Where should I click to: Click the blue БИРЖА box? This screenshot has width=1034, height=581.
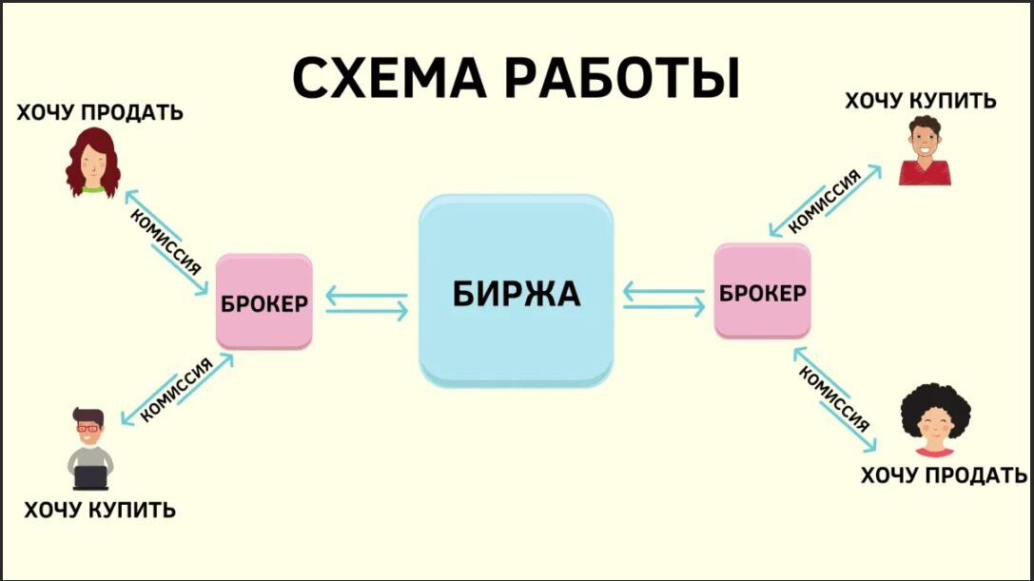tap(516, 291)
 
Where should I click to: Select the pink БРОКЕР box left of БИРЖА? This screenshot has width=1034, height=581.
tap(264, 302)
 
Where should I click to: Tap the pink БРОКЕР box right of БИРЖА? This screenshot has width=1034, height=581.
tap(763, 292)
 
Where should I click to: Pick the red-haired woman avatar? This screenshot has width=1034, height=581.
tap(92, 163)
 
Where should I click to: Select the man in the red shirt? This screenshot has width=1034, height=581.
tap(923, 151)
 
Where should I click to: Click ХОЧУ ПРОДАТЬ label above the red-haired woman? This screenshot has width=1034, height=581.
tap(99, 113)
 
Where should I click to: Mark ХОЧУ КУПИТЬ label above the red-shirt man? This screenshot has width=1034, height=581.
tap(921, 100)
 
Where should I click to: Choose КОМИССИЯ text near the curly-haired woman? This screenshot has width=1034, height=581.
tap(833, 396)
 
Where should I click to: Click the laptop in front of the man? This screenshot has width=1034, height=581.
tap(90, 475)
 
